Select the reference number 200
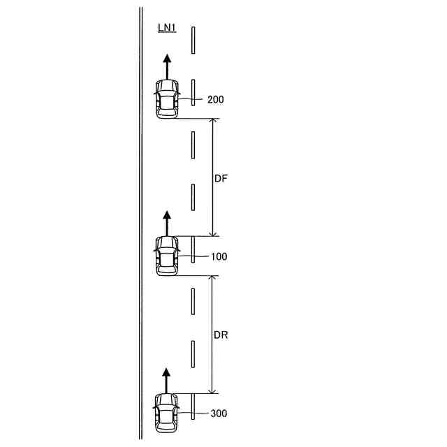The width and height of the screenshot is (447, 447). pos(216,100)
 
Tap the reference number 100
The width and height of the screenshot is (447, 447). pos(219,257)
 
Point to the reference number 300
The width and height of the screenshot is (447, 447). pos(219,413)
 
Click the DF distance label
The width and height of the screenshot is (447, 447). pos(221,178)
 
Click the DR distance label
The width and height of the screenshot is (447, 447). pos(221,335)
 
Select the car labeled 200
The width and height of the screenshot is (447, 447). pos(167,98)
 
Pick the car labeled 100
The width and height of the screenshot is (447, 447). pos(167,256)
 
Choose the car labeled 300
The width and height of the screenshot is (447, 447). pos(167,412)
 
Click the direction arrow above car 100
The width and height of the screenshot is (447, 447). pos(167,223)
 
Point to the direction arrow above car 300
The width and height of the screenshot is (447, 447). pos(167,380)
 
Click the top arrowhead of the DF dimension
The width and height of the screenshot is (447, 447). pos(213,123)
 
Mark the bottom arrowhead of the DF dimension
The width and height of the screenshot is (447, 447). pos(213,232)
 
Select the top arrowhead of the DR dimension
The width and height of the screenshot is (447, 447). pos(213,279)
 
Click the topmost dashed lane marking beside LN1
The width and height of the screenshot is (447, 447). pos(193,40)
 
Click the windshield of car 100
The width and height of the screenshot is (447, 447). pos(167,247)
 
